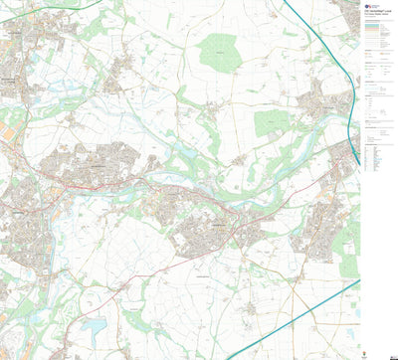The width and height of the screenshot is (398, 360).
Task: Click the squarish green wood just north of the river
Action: click(271, 122)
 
